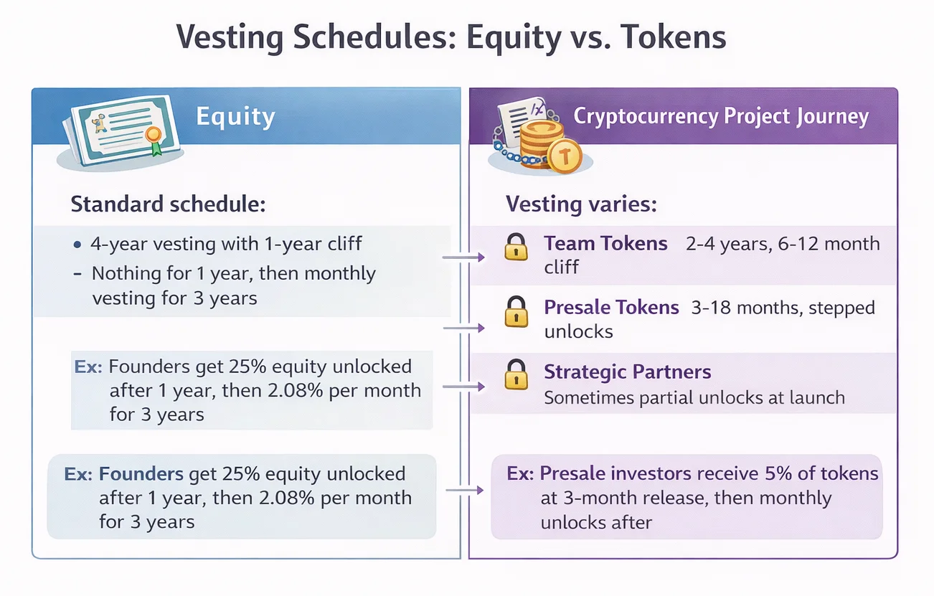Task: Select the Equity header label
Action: (235, 116)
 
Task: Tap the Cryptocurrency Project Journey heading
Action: (721, 116)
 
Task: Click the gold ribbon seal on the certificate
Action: (153, 136)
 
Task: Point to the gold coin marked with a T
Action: (565, 156)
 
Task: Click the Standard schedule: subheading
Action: (168, 204)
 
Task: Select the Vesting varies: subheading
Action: (581, 204)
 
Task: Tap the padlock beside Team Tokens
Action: (515, 247)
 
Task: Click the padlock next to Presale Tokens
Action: (515, 312)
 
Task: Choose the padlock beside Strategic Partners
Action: (515, 375)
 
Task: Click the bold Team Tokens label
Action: (605, 244)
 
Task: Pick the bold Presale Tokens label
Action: (611, 308)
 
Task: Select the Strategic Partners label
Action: (627, 372)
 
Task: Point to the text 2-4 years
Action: (717, 244)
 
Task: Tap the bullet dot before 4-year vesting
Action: (77, 245)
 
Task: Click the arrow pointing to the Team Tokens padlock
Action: (463, 257)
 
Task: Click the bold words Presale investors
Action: (615, 473)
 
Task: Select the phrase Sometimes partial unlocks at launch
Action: (694, 397)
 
